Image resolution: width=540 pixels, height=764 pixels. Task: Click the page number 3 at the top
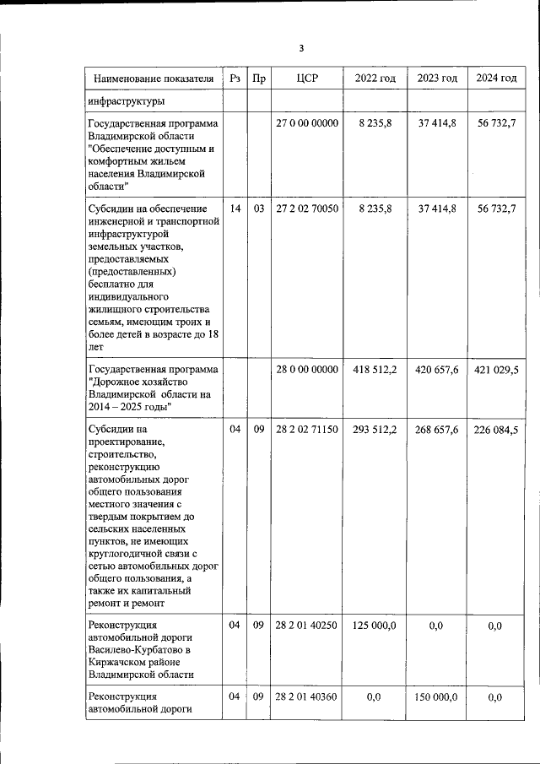tap(300, 47)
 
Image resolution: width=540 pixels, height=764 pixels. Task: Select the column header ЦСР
tap(307, 79)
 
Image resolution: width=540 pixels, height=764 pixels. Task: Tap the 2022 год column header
tap(375, 79)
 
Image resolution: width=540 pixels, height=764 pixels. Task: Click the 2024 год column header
tap(496, 79)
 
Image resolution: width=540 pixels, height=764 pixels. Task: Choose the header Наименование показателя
tap(154, 79)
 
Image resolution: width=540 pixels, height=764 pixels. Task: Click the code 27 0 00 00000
tap(307, 123)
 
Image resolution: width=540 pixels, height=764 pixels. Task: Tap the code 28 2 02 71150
tap(307, 430)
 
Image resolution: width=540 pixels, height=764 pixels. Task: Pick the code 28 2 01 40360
tap(307, 697)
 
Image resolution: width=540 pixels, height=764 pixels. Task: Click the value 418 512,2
tap(375, 370)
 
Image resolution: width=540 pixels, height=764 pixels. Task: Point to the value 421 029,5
tap(496, 370)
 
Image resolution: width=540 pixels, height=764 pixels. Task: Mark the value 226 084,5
tap(496, 430)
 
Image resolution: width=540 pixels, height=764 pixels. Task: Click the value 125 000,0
tap(375, 626)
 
